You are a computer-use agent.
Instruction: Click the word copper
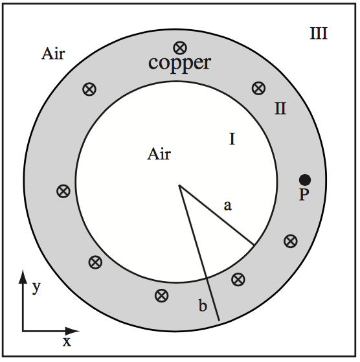point(179,63)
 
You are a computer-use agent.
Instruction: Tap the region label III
point(318,33)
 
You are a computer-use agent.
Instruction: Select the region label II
point(280,108)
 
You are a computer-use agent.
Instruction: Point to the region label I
point(232,139)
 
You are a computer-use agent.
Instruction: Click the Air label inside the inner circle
point(159,154)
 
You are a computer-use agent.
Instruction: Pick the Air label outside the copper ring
point(53,53)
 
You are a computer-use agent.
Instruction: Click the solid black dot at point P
point(304,179)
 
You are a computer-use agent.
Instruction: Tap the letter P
point(304,194)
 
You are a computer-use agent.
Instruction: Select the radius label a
point(227,206)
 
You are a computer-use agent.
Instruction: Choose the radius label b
point(203,306)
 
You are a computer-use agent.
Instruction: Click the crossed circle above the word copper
point(179,47)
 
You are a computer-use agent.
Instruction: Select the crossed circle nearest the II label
point(258,87)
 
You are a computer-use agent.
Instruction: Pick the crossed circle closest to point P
point(291,241)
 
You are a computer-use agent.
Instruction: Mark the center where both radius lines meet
point(179,187)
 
